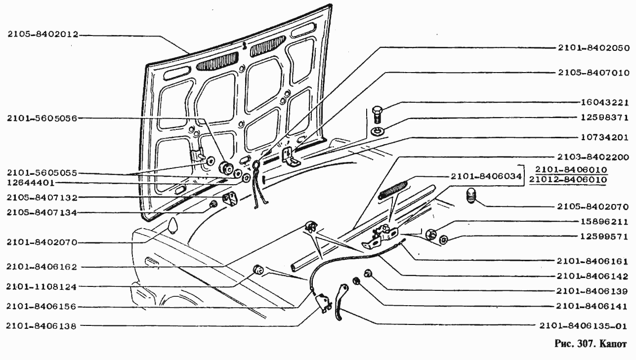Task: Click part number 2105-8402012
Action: tap(43, 35)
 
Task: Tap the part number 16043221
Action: tap(605, 104)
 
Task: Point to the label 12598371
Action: tap(605, 118)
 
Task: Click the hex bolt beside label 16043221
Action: tap(378, 115)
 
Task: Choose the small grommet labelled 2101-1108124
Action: tap(258, 270)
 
